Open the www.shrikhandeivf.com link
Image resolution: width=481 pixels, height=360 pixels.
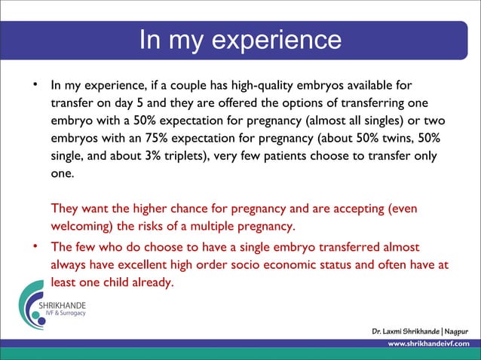[x=427, y=345]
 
